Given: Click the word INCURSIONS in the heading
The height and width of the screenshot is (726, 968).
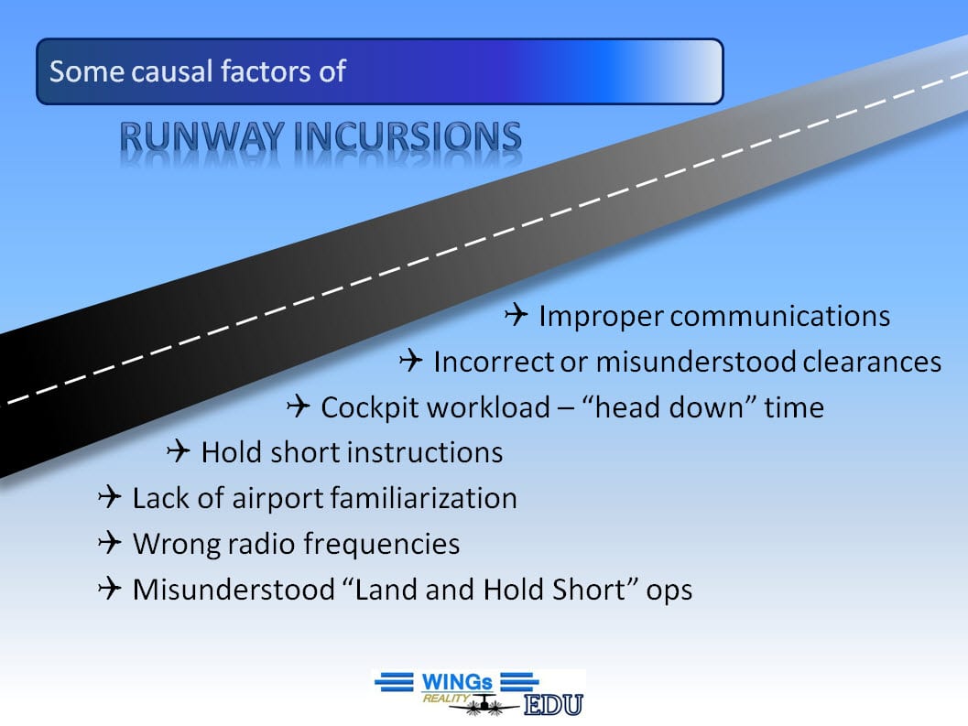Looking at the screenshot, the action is (408, 136).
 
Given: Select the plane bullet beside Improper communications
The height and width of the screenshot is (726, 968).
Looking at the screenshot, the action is (517, 314).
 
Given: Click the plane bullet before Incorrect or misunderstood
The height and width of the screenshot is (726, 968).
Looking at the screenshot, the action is (411, 360).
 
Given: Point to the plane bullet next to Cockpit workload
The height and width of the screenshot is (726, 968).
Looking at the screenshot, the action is (299, 406).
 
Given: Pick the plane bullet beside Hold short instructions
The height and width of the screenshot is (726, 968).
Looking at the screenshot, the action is (179, 451).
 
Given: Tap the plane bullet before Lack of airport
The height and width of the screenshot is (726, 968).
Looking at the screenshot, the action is (110, 497).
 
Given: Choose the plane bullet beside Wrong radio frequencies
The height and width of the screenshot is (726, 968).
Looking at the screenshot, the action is (110, 543).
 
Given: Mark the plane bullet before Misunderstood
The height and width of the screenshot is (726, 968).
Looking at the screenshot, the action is (110, 589).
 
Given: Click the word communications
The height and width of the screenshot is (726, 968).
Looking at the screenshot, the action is (779, 316).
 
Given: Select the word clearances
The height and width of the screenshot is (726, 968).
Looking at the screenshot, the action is (872, 361).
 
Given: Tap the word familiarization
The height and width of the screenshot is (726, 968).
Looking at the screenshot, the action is (423, 498).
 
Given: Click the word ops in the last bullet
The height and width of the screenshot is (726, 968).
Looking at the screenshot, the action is (669, 591).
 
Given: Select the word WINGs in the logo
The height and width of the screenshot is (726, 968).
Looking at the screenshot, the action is (457, 682).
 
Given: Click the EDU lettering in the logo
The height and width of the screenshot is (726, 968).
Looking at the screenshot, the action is (554, 704).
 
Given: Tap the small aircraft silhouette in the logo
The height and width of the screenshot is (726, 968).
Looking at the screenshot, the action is (484, 704).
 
